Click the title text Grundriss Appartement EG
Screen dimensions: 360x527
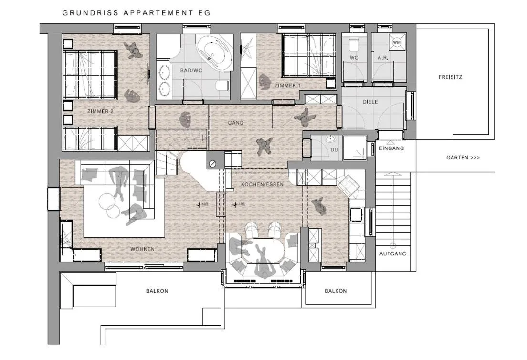coord(136,13)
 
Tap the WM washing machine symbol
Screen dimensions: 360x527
coord(396,43)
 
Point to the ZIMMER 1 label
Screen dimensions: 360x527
coord(288,85)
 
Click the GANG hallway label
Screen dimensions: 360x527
coord(236,123)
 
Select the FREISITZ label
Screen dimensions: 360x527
coord(451,77)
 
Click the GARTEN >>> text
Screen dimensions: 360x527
coord(463,158)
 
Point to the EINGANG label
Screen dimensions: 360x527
coord(391,148)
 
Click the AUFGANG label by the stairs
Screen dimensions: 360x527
coord(392,254)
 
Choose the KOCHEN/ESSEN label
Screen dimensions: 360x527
coord(262,184)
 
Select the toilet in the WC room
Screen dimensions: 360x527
coord(354,46)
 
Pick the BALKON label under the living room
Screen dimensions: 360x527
coord(157,291)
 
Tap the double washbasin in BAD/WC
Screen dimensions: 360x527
coord(165,80)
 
